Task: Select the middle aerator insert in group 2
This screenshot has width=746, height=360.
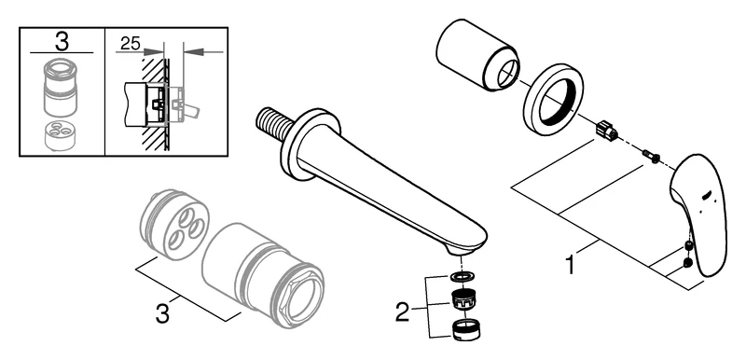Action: tap(461, 300)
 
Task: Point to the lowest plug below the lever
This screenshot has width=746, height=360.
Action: tap(687, 263)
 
